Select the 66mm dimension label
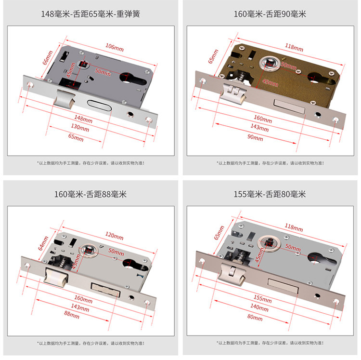[47, 57]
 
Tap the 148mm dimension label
[83, 119]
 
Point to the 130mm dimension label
[80, 129]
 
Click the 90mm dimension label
[255, 138]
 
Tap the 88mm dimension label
[71, 315]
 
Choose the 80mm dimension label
[255, 317]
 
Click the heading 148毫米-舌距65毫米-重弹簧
[90, 13]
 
